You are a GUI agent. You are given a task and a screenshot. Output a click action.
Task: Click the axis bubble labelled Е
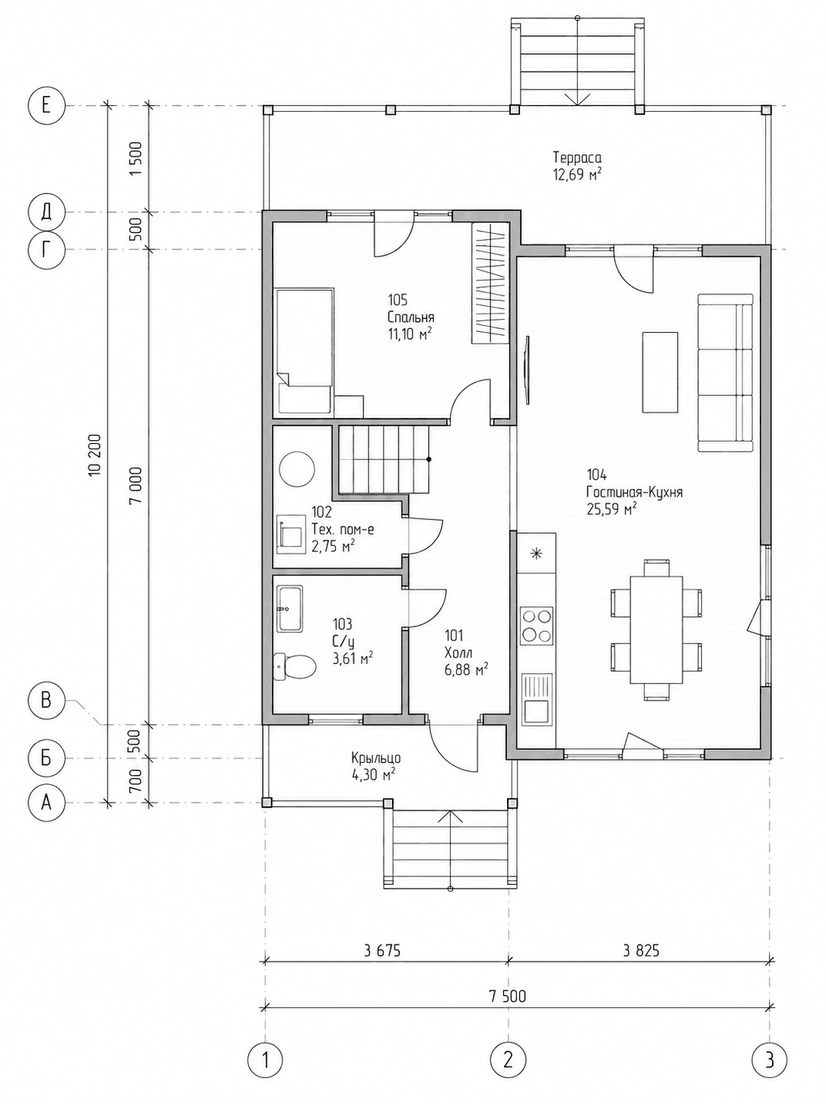46,106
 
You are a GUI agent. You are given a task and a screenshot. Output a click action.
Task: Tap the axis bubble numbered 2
508,1059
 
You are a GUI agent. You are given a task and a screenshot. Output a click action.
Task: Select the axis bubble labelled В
46,700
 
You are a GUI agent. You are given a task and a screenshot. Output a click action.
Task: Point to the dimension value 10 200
96,455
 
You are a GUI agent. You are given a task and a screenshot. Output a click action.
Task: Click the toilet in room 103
294,667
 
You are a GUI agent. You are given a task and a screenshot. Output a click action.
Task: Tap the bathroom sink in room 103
289,609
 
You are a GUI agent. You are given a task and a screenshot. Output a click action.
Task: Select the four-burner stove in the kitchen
536,625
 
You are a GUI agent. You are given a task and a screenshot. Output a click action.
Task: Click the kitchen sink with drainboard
536,699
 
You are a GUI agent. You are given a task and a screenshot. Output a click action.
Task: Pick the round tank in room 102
297,469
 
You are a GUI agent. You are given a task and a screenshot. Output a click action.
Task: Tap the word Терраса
578,158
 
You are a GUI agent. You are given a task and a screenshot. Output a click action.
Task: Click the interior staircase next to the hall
384,460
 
